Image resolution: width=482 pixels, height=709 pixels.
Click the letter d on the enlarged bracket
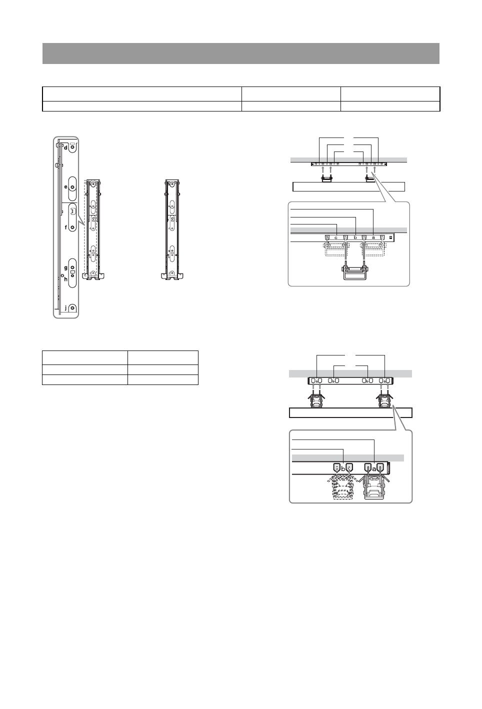click(65, 148)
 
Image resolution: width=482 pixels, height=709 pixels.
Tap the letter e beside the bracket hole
click(66, 186)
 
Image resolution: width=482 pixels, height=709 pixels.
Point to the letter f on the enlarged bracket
click(66, 227)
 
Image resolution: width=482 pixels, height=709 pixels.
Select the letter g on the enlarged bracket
click(66, 268)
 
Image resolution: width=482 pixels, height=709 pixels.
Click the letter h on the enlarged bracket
click(66, 279)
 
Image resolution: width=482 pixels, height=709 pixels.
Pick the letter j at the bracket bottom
click(66, 307)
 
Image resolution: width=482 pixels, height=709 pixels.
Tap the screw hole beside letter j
click(72, 308)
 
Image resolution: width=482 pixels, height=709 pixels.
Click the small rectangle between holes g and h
click(72, 271)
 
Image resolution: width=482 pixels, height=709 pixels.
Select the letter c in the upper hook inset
click(336, 237)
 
